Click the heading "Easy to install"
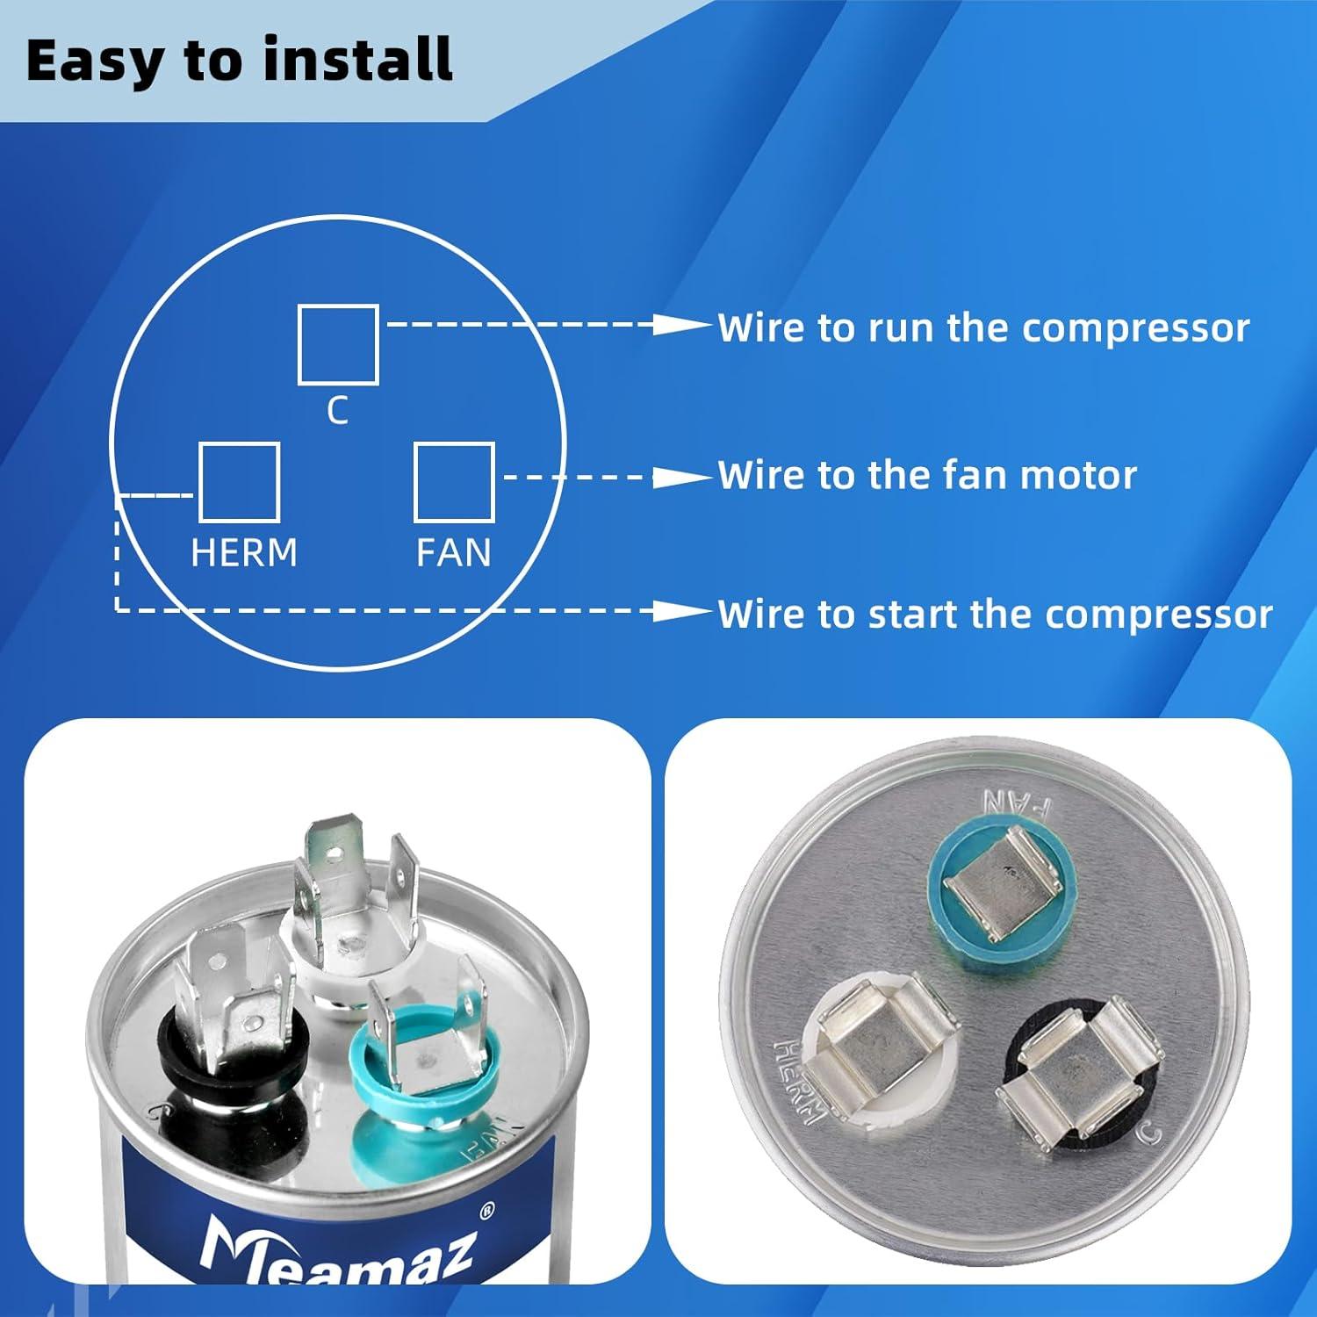pos(239,60)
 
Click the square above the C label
pos(338,344)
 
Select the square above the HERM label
pos(239,482)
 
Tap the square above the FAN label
pos(454,482)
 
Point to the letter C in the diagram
pos(338,410)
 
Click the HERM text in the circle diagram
pos(244,553)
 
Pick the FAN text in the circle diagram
pos(453,553)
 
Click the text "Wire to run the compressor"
pos(983,327)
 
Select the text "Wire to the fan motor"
pos(927,475)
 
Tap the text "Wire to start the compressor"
pos(995,614)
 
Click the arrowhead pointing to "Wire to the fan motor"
pos(683,478)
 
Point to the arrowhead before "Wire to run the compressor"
pos(683,325)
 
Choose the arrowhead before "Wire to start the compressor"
pos(683,611)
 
